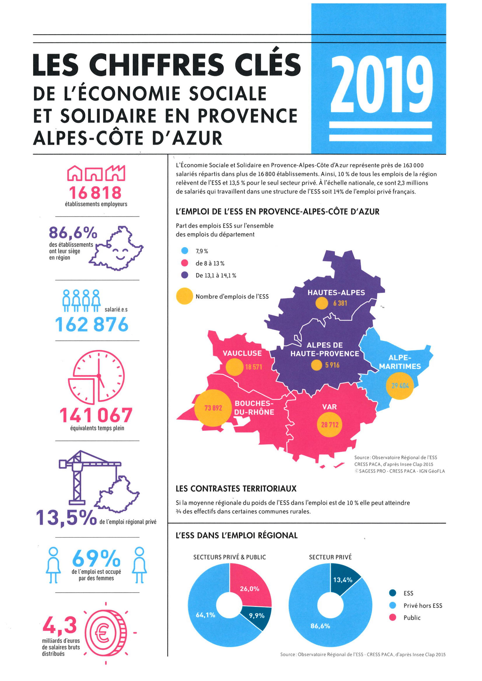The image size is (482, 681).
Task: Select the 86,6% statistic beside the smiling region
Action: (73, 233)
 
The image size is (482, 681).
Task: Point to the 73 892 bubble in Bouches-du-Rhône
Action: (213, 408)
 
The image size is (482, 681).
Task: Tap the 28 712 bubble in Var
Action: (330, 425)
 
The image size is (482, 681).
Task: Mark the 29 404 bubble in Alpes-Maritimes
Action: (400, 386)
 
